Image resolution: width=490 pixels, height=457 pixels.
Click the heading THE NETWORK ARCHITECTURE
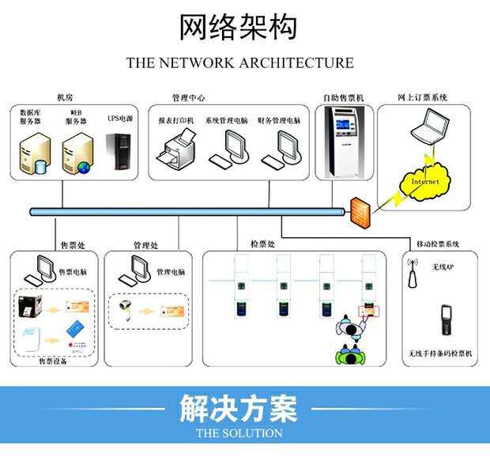pyautogui.click(x=239, y=63)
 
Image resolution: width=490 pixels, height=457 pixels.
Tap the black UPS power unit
pyautogui.click(x=120, y=153)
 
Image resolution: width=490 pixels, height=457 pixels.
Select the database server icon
pyautogui.click(x=34, y=154)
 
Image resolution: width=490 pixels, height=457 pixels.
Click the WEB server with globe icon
pyautogui.click(x=77, y=154)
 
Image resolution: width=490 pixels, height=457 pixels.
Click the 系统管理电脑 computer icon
pyautogui.click(x=232, y=148)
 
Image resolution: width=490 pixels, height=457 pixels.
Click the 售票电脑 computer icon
pyautogui.click(x=37, y=270)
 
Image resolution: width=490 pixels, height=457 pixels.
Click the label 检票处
pyautogui.click(x=262, y=245)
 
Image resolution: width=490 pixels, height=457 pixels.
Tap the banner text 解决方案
pyautogui.click(x=239, y=410)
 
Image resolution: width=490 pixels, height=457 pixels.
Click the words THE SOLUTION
pyautogui.click(x=239, y=433)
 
